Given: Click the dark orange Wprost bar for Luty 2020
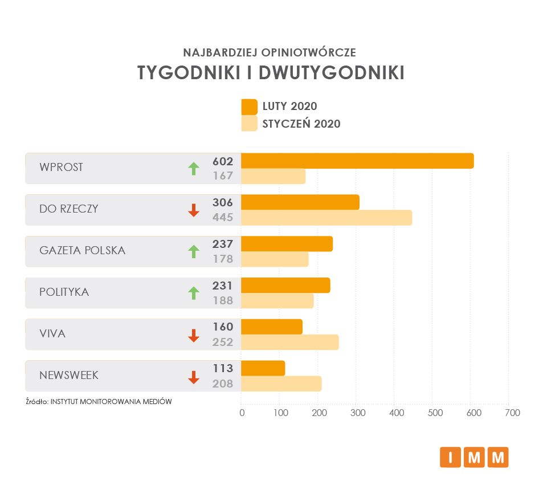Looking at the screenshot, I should pyautogui.click(x=357, y=161).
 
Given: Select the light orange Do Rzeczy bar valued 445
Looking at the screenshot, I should pyautogui.click(x=326, y=217).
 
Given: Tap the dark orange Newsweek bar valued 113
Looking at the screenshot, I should pyautogui.click(x=263, y=368).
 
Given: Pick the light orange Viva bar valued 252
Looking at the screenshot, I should pyautogui.click(x=290, y=342).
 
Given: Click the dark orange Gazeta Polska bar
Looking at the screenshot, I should pyautogui.click(x=287, y=244).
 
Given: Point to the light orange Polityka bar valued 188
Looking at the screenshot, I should pyautogui.click(x=277, y=300).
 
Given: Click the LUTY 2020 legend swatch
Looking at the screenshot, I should pyautogui.click(x=250, y=107).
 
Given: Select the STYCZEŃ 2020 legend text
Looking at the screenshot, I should pyautogui.click(x=301, y=124).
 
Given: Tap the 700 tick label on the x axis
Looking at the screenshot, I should pyautogui.click(x=512, y=413).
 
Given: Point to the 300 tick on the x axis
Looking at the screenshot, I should pyautogui.click(x=358, y=413).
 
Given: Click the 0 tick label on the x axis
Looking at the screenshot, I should pyautogui.click(x=242, y=413).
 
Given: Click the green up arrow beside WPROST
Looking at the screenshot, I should pyautogui.click(x=194, y=168).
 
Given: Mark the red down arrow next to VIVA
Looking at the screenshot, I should pyautogui.click(x=194, y=335).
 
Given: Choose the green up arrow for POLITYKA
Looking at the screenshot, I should pyautogui.click(x=194, y=293).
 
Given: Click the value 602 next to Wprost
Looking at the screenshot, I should pyautogui.click(x=223, y=161).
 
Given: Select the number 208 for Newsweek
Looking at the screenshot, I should pyautogui.click(x=223, y=384).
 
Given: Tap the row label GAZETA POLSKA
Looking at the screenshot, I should pyautogui.click(x=82, y=250).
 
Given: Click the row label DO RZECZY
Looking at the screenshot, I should pyautogui.click(x=68, y=209).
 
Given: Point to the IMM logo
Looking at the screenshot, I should pyautogui.click(x=473, y=457).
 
